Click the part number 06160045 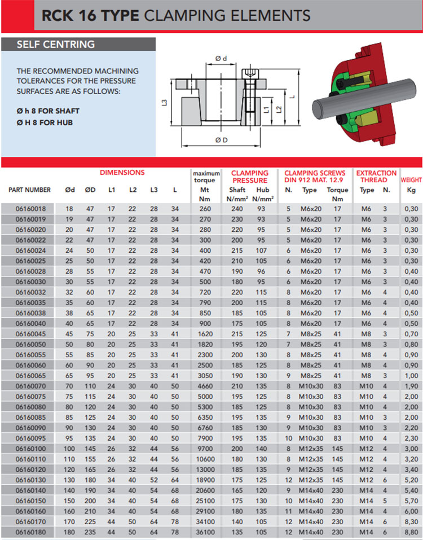point(30,333)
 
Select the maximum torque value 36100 point(205,532)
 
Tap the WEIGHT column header point(411,180)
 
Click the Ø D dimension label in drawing point(221,140)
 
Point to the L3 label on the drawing point(164,103)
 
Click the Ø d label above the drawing point(221,59)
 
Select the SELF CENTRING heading point(56,45)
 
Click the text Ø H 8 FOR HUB point(45,122)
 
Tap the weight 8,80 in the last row point(411,532)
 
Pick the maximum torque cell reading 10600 point(205,459)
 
